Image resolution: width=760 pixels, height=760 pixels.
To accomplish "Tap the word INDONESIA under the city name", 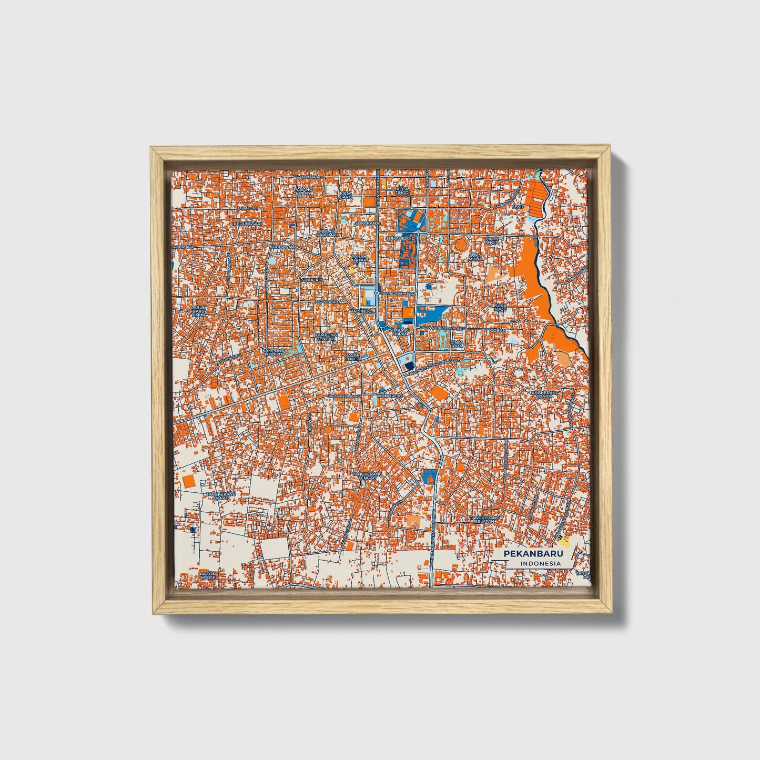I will pos(540,564).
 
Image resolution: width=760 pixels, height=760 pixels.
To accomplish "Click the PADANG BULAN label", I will pos(303,191).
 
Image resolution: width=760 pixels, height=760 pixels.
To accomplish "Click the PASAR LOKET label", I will pos(352,357).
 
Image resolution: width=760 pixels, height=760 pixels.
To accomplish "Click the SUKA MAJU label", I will pos(500,307).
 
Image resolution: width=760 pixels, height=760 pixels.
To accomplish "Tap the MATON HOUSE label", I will pos(208,575).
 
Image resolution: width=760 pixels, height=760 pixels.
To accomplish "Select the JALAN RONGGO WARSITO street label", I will pos(442,328).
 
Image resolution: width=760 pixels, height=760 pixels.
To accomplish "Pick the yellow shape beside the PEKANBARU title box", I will pos(563,541).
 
